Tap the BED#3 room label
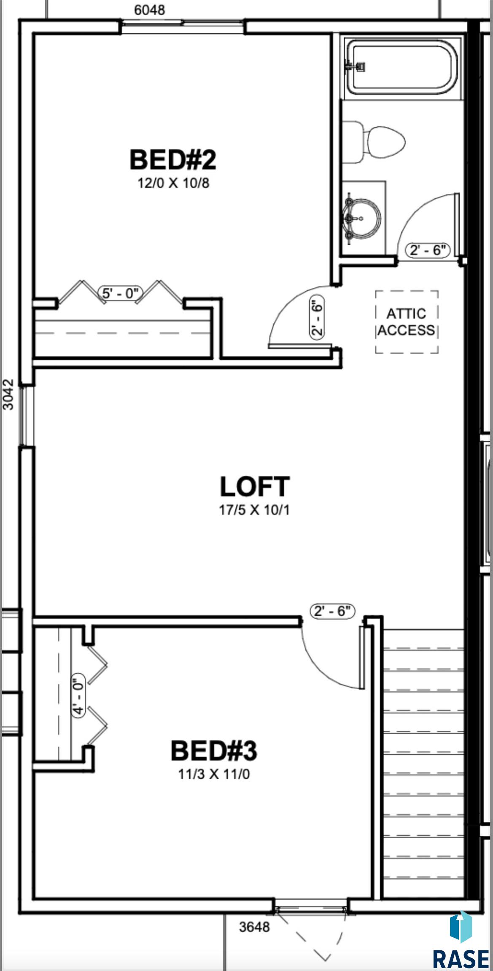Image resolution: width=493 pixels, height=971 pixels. pyautogui.click(x=214, y=751)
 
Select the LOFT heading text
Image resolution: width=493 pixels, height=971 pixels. pyautogui.click(x=255, y=486)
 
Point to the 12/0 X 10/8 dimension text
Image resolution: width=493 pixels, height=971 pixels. pyautogui.click(x=173, y=183)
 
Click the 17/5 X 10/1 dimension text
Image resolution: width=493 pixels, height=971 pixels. pyautogui.click(x=254, y=510)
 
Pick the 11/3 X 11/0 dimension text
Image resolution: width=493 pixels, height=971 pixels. pyautogui.click(x=214, y=774)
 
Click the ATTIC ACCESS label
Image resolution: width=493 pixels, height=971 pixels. pyautogui.click(x=407, y=322)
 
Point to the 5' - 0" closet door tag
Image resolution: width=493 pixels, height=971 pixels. pyautogui.click(x=121, y=292)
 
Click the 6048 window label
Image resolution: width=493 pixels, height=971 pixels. pyautogui.click(x=150, y=10)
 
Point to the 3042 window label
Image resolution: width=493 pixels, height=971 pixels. pyautogui.click(x=8, y=394)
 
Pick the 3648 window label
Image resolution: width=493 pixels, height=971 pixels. pyautogui.click(x=254, y=927)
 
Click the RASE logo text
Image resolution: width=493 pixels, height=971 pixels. pyautogui.click(x=461, y=958)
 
